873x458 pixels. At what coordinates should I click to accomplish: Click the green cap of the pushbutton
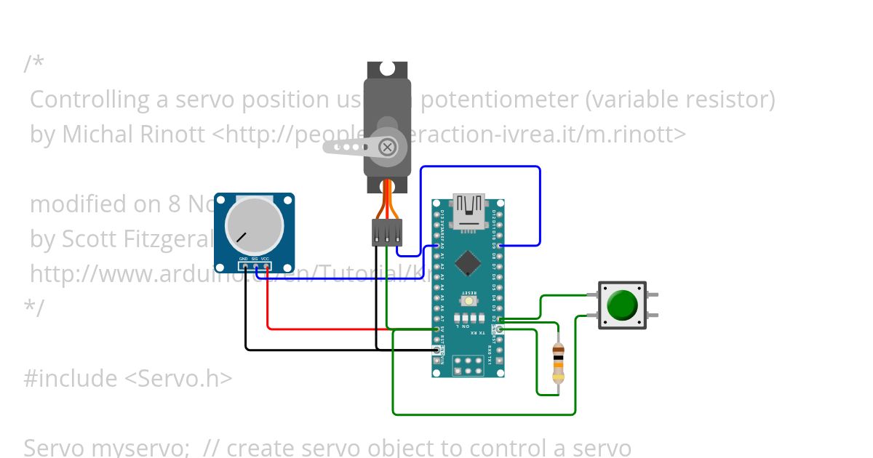coord(622,305)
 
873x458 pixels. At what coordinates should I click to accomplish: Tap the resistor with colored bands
coord(558,363)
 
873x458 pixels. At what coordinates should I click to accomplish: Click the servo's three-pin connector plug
coord(387,233)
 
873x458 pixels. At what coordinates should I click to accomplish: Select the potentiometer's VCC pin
coord(267,267)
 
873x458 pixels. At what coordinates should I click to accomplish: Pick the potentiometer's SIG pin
coord(256,267)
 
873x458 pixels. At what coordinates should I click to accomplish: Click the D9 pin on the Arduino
coord(500,246)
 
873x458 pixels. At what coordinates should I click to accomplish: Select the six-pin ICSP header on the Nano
coord(469,365)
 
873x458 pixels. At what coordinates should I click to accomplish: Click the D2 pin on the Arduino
coord(500,318)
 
